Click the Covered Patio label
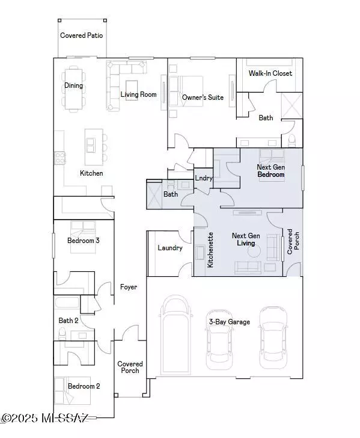82,35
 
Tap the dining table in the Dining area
74,88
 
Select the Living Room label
138,94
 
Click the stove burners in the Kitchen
59,158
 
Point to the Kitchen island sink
91,145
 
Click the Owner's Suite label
203,97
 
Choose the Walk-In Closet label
270,73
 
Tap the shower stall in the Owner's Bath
291,106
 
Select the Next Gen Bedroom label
271,171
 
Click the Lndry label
204,178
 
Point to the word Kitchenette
210,250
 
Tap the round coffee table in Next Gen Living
254,251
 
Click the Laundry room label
170,248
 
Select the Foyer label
129,287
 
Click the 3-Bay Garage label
230,322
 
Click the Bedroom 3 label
83,241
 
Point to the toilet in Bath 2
62,333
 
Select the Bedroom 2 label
84,386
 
